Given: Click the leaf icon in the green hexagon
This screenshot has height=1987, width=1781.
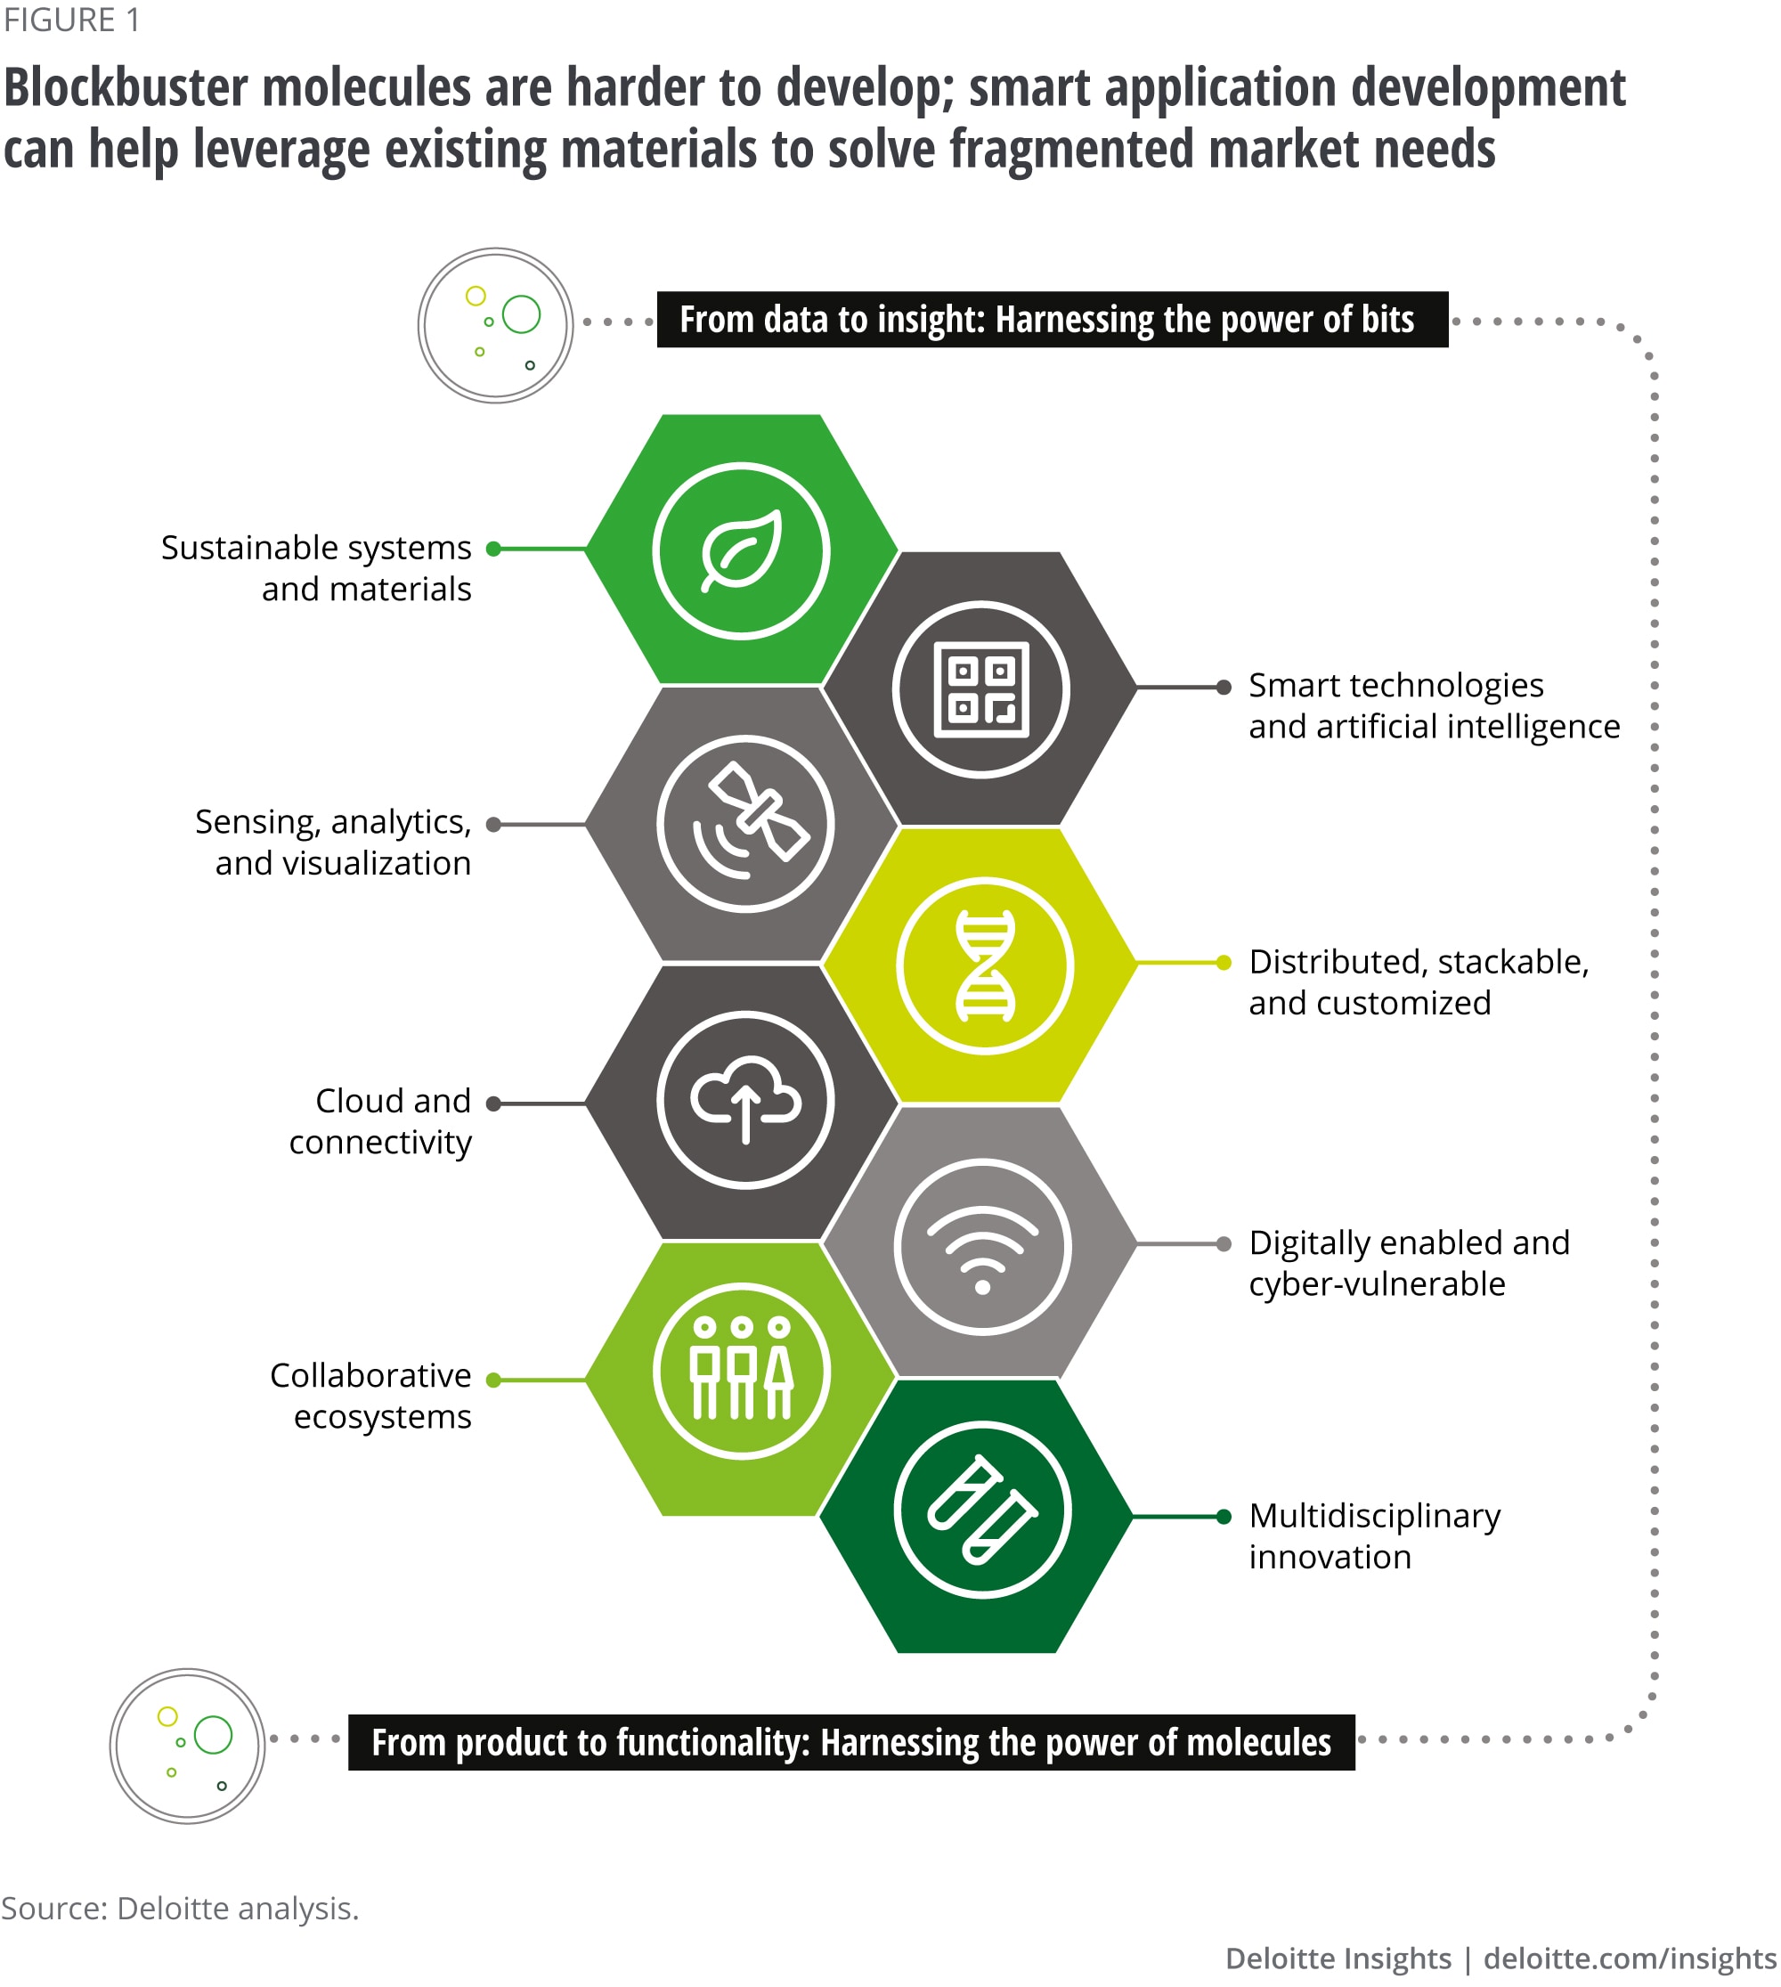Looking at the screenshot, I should point(742,551).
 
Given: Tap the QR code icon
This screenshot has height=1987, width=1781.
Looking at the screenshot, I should point(981,689).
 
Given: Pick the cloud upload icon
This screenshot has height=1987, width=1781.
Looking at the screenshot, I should point(745,1100).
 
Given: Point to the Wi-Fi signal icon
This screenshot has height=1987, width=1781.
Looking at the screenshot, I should point(982,1247).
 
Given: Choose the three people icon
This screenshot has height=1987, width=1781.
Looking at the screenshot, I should point(742,1371).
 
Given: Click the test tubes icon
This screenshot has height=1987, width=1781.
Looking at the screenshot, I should point(981,1510).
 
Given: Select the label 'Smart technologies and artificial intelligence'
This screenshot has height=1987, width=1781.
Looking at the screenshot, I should point(1434,705).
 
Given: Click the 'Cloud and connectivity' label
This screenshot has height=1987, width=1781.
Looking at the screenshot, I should point(380,1121).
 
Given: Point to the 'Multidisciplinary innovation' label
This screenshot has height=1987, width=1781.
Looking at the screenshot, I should point(1374,1535).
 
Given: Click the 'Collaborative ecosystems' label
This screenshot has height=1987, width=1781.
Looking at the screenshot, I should point(370,1396).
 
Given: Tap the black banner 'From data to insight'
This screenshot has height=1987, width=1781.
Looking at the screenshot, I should point(1052,320).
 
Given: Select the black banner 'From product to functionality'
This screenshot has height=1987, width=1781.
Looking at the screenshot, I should point(851,1742).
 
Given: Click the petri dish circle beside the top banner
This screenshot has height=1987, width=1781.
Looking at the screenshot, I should point(496,325).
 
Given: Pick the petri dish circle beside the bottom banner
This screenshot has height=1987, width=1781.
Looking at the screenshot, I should point(188,1747).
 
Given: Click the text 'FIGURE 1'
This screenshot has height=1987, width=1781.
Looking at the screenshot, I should point(71,20).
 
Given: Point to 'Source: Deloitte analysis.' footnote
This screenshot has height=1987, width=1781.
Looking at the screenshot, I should point(180,1908).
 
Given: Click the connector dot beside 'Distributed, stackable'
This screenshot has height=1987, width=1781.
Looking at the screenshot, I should point(1224,963).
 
